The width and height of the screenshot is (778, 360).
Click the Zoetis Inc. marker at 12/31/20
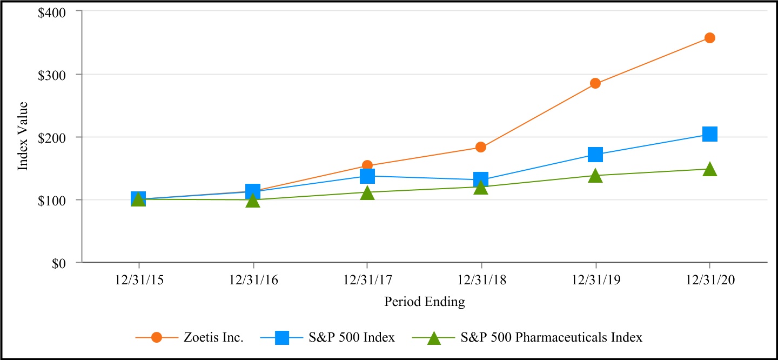click(709, 38)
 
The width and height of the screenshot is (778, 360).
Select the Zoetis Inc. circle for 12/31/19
click(595, 83)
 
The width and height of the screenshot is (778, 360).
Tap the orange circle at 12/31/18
click(481, 147)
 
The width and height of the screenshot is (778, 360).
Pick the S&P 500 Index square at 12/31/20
click(709, 134)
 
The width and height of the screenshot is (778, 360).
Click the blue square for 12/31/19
click(595, 155)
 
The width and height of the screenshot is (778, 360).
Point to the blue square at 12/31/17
click(367, 176)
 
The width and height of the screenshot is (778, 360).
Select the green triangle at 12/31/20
click(709, 170)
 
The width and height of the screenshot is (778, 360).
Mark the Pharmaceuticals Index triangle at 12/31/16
click(253, 201)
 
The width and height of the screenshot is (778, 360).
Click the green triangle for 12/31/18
click(481, 188)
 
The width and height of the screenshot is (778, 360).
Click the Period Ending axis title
click(424, 302)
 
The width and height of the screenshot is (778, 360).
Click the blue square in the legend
click(282, 338)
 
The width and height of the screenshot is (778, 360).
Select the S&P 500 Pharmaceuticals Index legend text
click(552, 338)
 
